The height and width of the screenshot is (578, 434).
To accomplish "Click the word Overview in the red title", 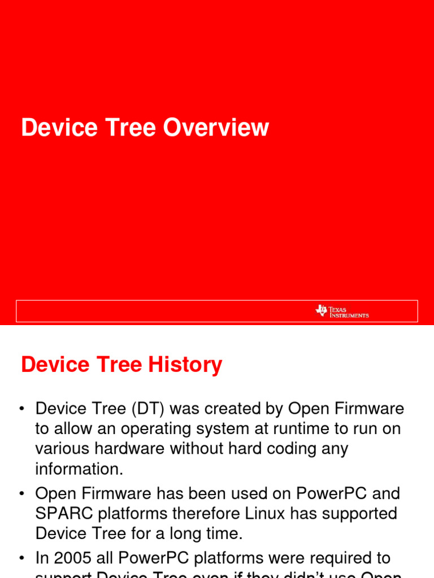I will [216, 128].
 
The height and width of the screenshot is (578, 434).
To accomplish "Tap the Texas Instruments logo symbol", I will [321, 310].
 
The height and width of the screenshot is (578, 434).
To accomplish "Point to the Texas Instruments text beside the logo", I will [349, 312].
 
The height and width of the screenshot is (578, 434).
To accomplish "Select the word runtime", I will [285, 428].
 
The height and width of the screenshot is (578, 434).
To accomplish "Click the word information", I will [79, 469].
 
